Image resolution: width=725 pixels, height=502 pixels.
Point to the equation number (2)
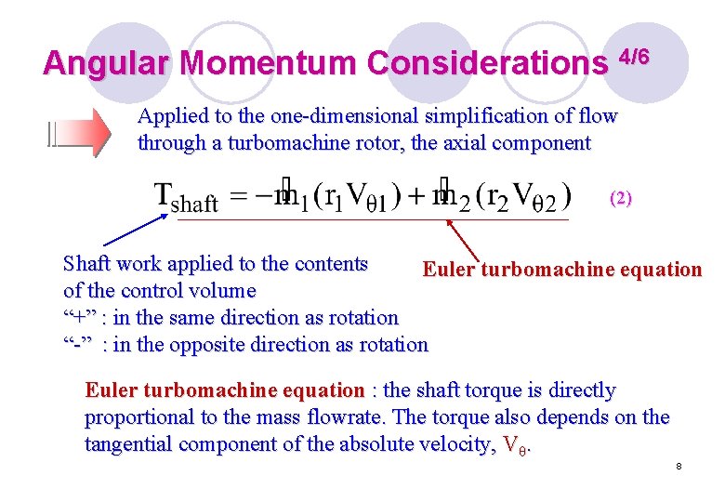point(620,198)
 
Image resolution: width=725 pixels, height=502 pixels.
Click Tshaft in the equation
point(186,198)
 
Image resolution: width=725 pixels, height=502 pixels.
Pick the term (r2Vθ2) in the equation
point(526,197)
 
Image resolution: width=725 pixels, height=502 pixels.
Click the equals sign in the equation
point(240,198)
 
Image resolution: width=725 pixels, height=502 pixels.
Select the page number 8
point(679,465)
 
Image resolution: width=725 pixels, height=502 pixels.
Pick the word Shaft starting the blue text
point(86,263)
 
